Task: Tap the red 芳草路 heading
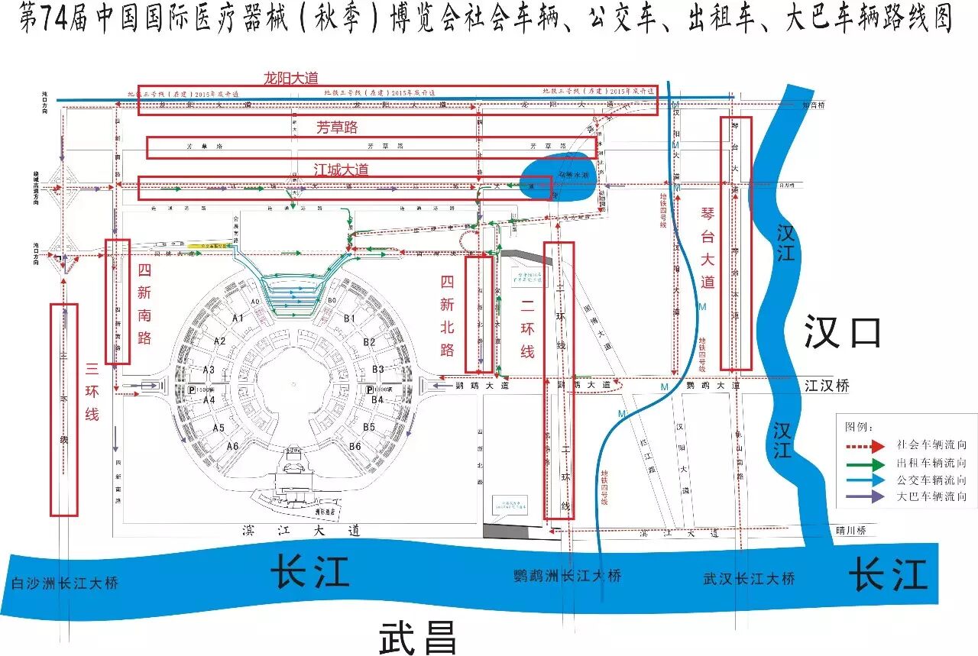[x=337, y=128]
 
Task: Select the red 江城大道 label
[x=341, y=170]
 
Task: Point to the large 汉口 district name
[x=843, y=333]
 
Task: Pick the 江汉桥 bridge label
[x=827, y=386]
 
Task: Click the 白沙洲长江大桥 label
[x=66, y=583]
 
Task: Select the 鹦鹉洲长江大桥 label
[x=568, y=575]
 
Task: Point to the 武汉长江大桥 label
[x=749, y=579]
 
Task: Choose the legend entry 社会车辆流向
[x=936, y=444]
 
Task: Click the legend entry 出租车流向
[x=936, y=463]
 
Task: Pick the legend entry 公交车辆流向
[x=936, y=480]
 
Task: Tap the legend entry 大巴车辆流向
[x=936, y=497]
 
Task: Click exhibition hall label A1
[x=238, y=318]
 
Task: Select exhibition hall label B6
[x=355, y=446]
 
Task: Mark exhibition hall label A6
[x=232, y=446]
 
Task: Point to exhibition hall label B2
[x=369, y=341]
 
